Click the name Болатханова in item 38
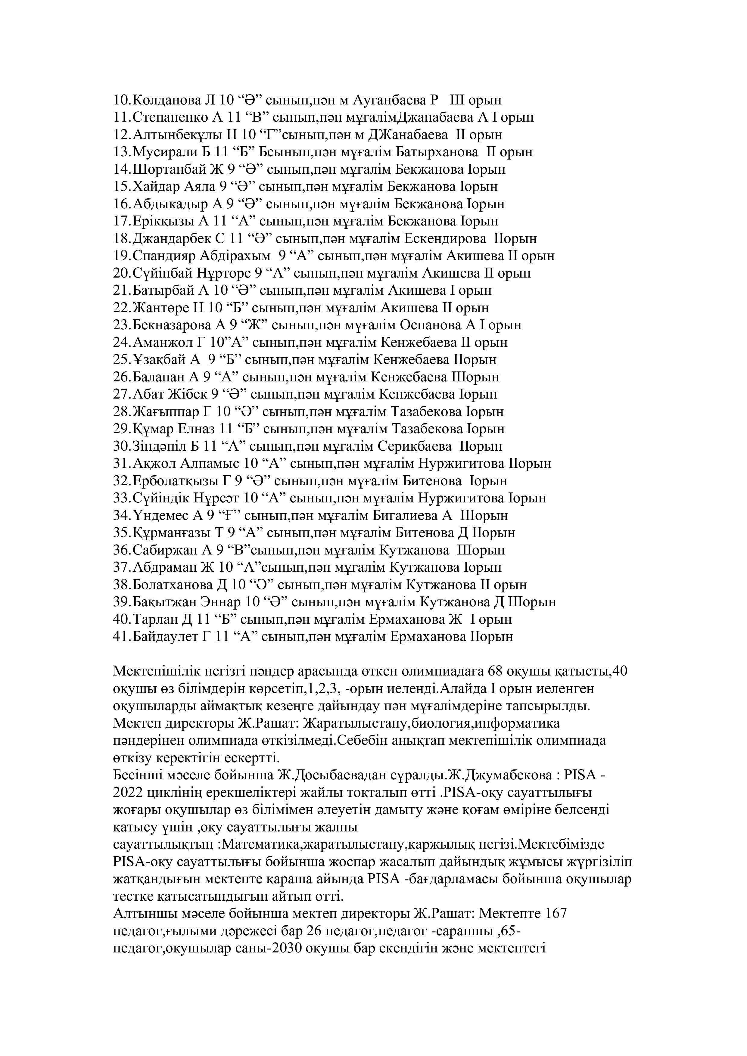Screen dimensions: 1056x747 click(173, 585)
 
